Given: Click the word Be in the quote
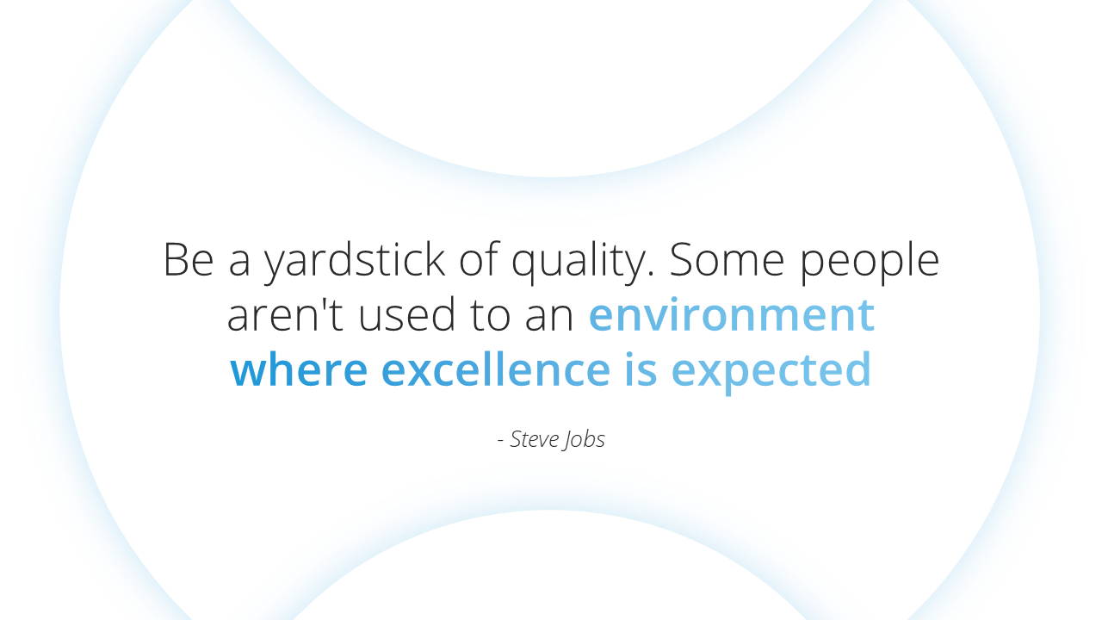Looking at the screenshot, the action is (x=189, y=259).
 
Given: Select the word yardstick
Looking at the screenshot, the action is (x=354, y=262).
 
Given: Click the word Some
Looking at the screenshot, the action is (x=727, y=259).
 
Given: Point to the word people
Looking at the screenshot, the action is (x=870, y=262).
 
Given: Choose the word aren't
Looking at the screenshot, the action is (x=284, y=314).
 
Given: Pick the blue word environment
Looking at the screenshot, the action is (x=732, y=314).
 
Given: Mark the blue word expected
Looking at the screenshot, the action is (x=771, y=371).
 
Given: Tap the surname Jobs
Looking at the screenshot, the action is (x=584, y=440).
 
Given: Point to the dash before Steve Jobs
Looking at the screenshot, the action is (x=501, y=441).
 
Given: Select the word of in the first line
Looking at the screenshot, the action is (x=479, y=259).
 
